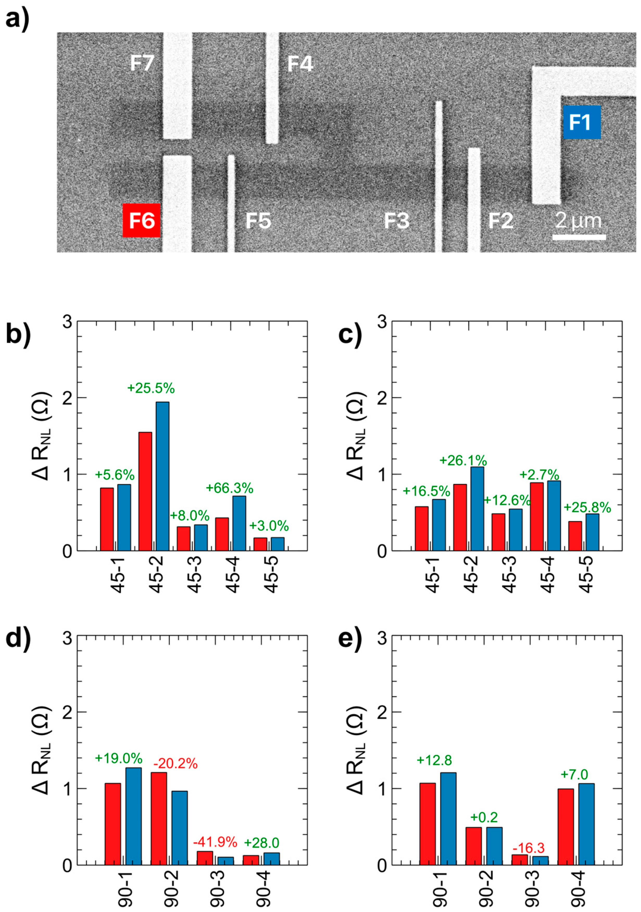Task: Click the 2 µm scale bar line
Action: click(579, 237)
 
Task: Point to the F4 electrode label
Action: click(300, 64)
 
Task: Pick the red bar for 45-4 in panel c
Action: click(537, 516)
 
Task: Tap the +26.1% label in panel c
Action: click(463, 460)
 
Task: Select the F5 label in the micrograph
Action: click(258, 221)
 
